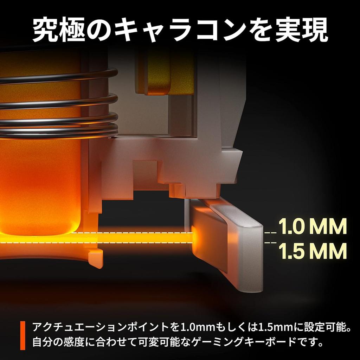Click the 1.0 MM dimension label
click(313, 226)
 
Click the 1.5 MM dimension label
click(313, 251)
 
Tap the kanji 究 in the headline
click(45, 30)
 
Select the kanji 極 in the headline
click(72, 30)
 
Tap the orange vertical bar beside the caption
click(23, 335)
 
